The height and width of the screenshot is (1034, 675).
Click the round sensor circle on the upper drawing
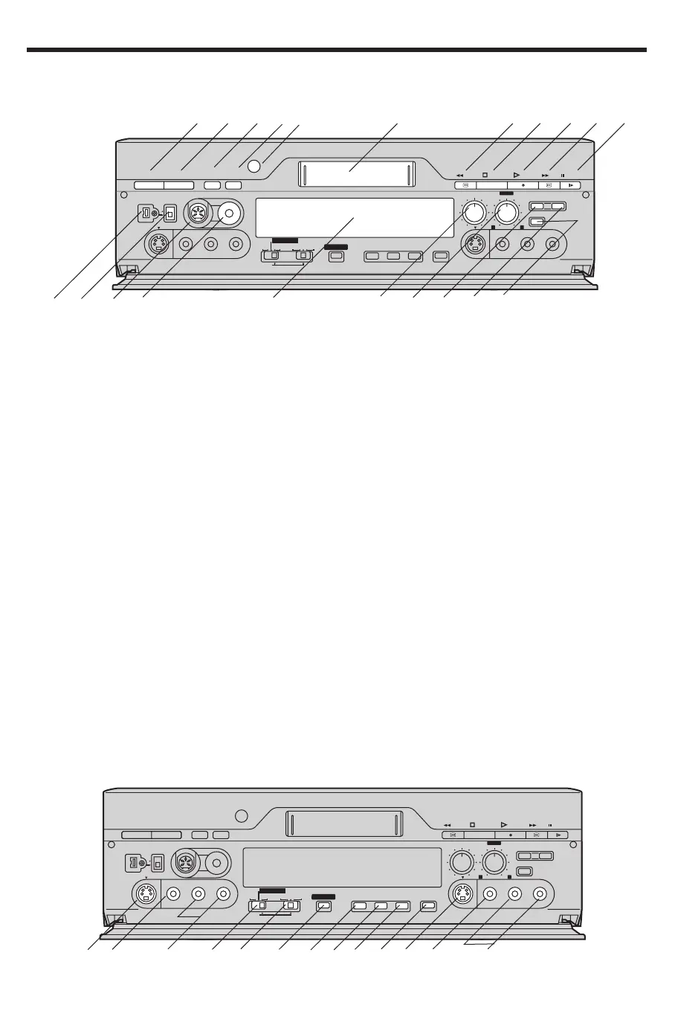[254, 167]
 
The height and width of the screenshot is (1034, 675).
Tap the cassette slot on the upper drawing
[355, 174]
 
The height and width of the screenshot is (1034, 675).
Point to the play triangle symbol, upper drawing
[516, 175]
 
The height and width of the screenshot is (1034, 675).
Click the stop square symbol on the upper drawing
[485, 176]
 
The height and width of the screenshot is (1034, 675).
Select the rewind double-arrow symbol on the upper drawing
[460, 176]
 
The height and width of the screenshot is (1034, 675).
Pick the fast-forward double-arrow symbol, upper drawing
[545, 176]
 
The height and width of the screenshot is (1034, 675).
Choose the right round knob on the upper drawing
[506, 213]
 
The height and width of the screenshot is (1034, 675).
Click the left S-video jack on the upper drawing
[157, 243]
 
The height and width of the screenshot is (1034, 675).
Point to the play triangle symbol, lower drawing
[503, 824]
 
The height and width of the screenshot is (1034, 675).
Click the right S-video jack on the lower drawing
[462, 893]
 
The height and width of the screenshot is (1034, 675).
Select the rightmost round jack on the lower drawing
[540, 893]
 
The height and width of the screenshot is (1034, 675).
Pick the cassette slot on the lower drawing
[343, 823]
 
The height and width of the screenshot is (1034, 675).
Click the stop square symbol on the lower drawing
[472, 825]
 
